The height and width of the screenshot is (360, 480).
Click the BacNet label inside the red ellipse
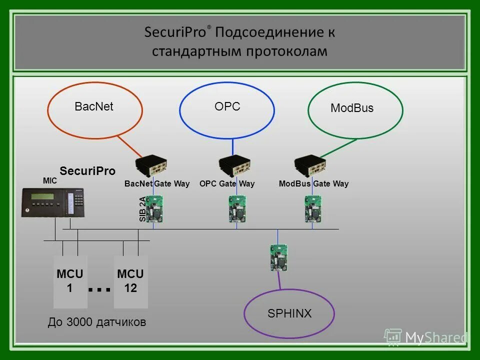click(x=94, y=106)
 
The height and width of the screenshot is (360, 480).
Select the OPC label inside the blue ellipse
click(x=227, y=106)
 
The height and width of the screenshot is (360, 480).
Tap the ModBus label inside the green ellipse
click(x=352, y=108)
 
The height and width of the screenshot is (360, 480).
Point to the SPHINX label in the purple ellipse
click(x=289, y=313)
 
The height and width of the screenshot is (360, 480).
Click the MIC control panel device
click(x=53, y=202)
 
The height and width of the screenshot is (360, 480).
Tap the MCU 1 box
click(x=70, y=281)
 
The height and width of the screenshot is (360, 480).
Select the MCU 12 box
click(x=130, y=281)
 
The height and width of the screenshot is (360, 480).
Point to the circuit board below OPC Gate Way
click(x=237, y=208)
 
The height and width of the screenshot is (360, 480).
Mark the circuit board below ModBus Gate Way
click(x=313, y=208)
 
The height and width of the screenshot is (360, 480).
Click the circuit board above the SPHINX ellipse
click(x=278, y=257)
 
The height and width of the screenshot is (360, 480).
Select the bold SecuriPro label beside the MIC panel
click(x=87, y=171)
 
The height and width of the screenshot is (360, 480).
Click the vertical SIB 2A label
click(x=142, y=209)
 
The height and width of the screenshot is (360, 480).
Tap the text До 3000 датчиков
click(x=97, y=322)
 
